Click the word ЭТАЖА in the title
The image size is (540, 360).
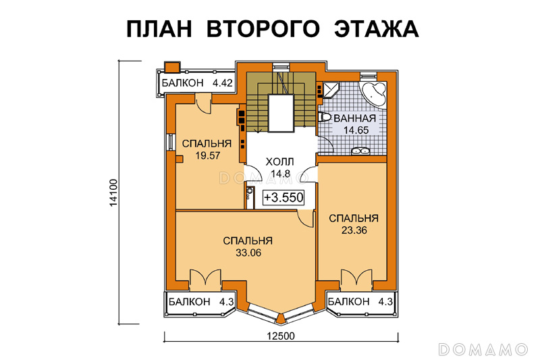pyautogui.click(x=377, y=28)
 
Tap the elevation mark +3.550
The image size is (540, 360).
pyautogui.click(x=283, y=197)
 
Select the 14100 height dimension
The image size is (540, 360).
pyautogui.click(x=113, y=193)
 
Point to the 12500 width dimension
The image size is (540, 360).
pyautogui.click(x=281, y=336)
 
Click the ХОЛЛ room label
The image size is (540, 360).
pyautogui.click(x=280, y=161)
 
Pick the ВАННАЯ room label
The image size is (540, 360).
pyautogui.click(x=355, y=118)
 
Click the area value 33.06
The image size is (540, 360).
pyautogui.click(x=248, y=253)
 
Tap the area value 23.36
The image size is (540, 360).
pyautogui.click(x=354, y=230)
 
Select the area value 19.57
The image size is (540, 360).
pyautogui.click(x=207, y=156)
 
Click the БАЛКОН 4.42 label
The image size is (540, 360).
pyautogui.click(x=197, y=83)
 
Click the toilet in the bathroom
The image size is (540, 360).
pyautogui.click(x=325, y=118)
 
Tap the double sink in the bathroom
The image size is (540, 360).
pyautogui.click(x=360, y=150)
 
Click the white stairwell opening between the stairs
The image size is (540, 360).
pyautogui.click(x=281, y=113)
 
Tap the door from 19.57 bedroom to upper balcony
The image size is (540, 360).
pyautogui.click(x=203, y=103)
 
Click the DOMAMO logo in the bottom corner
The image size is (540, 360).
pyautogui.click(x=483, y=349)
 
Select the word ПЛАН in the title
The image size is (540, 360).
pyautogui.click(x=159, y=28)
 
